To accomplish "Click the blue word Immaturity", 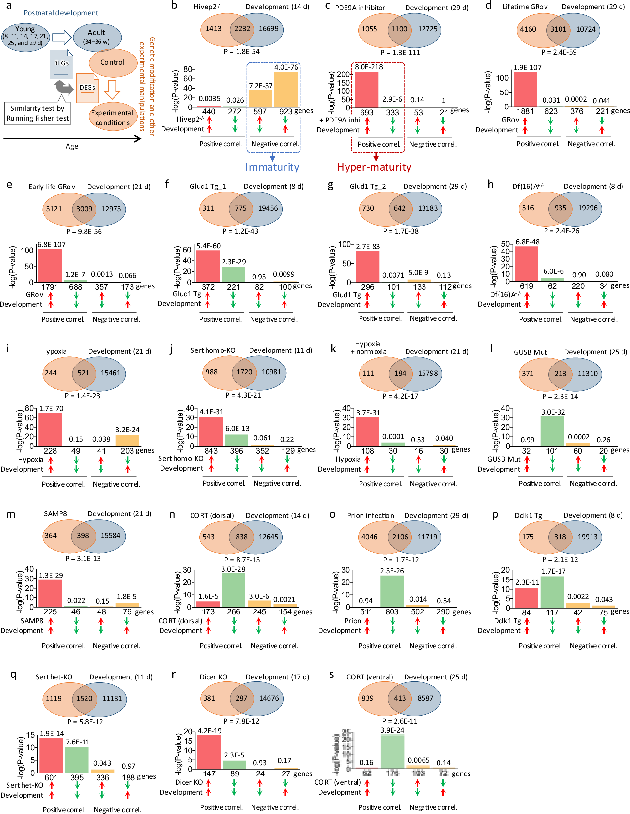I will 272,167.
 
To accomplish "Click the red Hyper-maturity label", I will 374,167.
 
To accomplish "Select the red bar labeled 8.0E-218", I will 367,90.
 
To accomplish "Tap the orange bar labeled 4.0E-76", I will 286,89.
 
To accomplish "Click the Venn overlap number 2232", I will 242,29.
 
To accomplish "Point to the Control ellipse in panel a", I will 113,63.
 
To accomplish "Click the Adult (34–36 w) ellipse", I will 97,37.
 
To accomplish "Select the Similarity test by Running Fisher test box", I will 37,113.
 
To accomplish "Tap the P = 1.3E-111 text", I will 400,53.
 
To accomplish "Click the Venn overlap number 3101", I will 558,29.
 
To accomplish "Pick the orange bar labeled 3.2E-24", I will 127,440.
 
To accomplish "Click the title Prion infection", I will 371,515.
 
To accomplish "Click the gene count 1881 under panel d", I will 525,111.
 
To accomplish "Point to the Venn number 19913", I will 588,537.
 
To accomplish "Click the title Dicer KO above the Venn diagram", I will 213,677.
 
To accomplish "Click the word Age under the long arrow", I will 72,146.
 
